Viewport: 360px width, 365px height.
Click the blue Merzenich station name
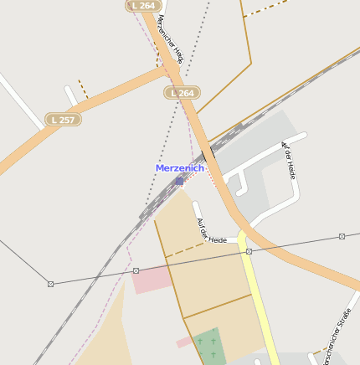point(179,168)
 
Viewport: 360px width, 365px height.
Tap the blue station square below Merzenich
point(179,180)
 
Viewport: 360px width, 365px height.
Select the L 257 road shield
point(62,120)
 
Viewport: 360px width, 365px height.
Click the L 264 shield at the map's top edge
point(144,5)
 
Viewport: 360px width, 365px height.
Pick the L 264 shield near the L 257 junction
point(182,93)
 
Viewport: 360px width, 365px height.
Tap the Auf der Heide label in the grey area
point(289,160)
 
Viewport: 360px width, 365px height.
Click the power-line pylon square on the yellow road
point(249,251)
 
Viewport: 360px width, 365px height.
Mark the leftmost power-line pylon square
point(50,284)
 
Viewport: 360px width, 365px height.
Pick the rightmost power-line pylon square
point(342,236)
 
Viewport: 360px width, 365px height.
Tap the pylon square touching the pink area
point(136,270)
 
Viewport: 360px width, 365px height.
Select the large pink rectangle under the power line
point(152,280)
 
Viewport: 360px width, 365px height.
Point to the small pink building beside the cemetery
point(183,342)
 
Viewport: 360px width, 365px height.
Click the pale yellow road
point(260,301)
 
